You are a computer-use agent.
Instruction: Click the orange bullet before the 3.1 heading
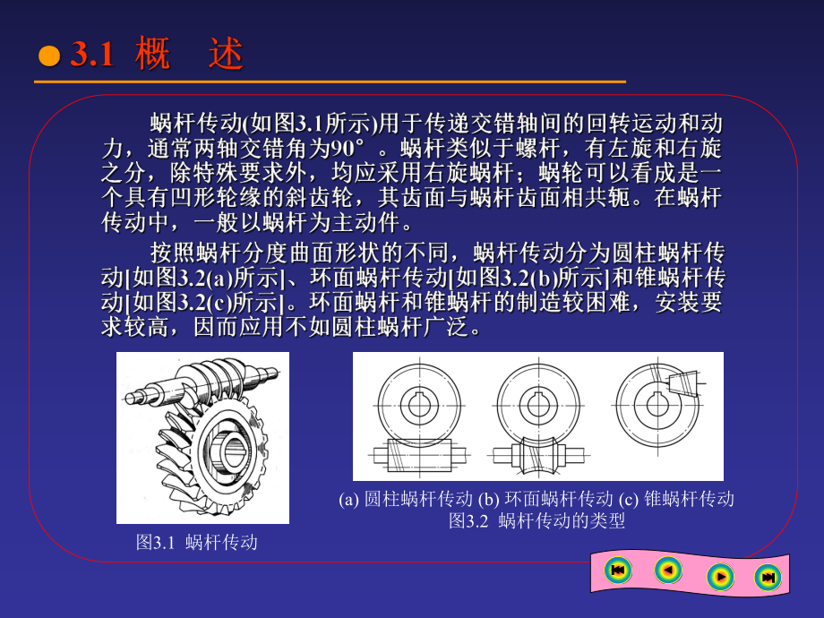coord(48,57)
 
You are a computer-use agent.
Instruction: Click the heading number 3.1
coord(92,56)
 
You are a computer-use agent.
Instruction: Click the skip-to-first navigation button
coord(617,570)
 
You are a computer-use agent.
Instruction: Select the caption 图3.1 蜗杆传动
coord(196,542)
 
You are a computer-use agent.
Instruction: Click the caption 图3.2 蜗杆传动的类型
coord(536,520)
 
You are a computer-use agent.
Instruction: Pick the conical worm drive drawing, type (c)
coord(658,399)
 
